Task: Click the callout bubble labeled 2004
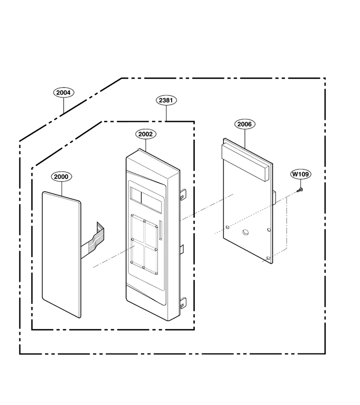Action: click(x=63, y=93)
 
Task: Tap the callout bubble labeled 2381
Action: click(x=166, y=100)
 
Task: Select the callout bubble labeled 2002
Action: click(x=146, y=134)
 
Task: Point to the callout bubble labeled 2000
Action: click(x=61, y=177)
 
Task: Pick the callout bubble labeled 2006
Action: click(x=244, y=124)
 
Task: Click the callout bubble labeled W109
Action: click(x=300, y=174)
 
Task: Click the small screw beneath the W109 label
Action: click(x=300, y=190)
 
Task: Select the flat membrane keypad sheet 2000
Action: click(x=62, y=254)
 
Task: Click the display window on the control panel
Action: click(x=146, y=196)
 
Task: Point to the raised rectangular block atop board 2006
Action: click(x=245, y=163)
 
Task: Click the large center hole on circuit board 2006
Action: click(x=245, y=232)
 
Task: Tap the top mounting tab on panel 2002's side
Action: click(x=183, y=194)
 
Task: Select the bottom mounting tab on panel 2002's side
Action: click(x=183, y=303)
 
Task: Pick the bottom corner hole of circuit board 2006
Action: click(x=268, y=258)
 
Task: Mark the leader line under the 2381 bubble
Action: click(x=166, y=113)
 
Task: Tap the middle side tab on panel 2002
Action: click(x=181, y=249)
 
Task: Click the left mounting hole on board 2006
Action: click(x=227, y=227)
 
